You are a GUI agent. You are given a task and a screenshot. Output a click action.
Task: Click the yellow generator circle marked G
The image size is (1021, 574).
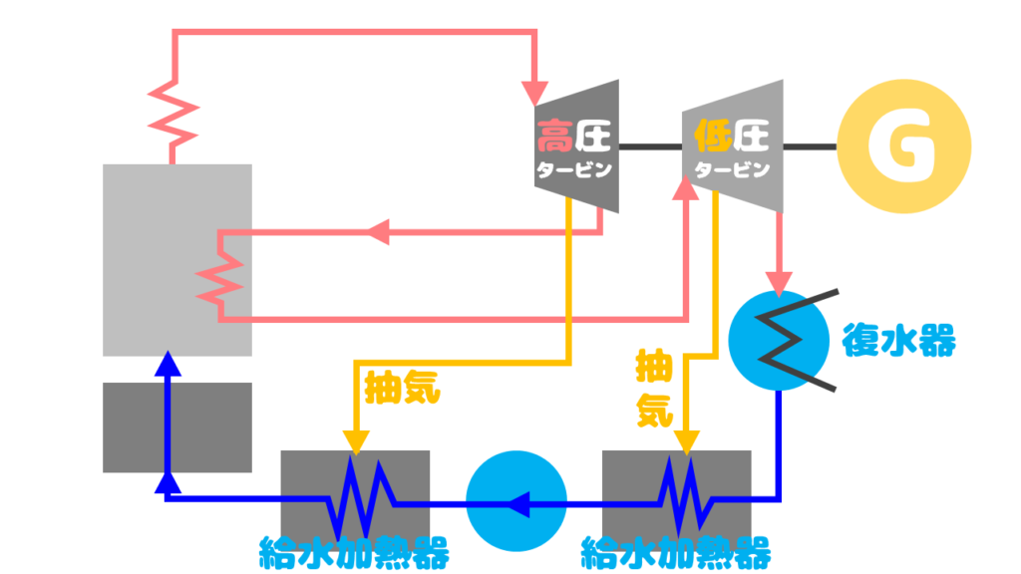(903, 146)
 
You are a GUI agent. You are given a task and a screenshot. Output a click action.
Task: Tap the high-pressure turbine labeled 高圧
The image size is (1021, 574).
(577, 146)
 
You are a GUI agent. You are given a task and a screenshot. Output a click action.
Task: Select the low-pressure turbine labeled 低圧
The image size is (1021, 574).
(733, 146)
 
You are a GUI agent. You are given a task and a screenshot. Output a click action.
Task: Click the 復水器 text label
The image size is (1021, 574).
(898, 340)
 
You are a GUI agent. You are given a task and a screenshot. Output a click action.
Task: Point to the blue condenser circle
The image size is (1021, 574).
(779, 341)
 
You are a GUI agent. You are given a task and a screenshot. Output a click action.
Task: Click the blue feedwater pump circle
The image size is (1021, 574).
(516, 501)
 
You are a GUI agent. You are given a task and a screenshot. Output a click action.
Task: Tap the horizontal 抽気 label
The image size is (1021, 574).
(403, 388)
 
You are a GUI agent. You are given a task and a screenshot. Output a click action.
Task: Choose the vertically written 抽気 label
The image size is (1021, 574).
(654, 388)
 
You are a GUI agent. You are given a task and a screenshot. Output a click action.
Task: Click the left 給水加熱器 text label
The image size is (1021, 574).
(354, 553)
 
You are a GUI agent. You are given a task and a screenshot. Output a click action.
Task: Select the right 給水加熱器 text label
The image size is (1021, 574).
(676, 553)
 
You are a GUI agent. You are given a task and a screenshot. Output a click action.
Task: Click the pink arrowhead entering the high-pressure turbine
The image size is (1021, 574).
(534, 93)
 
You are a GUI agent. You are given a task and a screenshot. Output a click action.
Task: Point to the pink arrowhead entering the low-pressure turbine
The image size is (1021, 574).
(685, 188)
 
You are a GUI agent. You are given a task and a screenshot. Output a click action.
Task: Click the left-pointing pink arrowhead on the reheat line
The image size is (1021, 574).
(378, 231)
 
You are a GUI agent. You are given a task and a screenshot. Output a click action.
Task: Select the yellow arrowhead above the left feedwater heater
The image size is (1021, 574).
(356, 442)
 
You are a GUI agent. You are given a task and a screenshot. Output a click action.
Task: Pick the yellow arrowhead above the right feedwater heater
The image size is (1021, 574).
(686, 442)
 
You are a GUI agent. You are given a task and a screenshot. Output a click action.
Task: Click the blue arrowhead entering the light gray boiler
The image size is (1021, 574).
(168, 364)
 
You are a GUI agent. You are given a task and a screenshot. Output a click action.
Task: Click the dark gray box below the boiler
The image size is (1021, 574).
(177, 428)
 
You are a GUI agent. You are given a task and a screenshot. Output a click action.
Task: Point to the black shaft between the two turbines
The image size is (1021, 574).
(650, 147)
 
